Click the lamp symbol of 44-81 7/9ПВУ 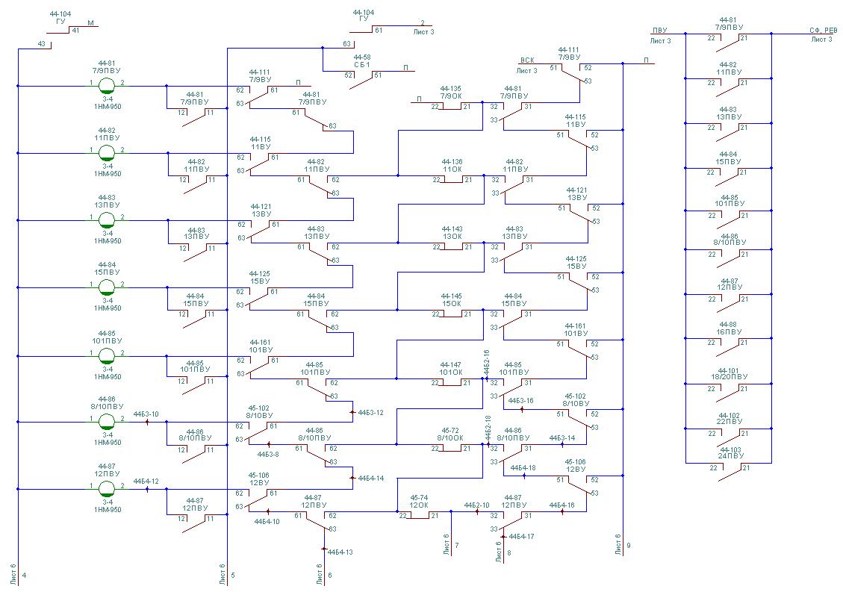107,85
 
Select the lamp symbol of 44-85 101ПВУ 107,355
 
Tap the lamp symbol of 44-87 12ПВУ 107,489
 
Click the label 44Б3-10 146,414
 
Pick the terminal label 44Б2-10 476,505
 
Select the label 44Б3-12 371,412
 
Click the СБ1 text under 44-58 363,66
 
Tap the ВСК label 527,60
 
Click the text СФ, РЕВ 822,31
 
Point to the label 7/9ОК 451,96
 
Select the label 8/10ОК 450,438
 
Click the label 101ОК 451,373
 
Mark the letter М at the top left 90,23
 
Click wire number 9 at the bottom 629,546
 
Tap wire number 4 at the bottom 25,575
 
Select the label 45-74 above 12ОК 419,497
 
